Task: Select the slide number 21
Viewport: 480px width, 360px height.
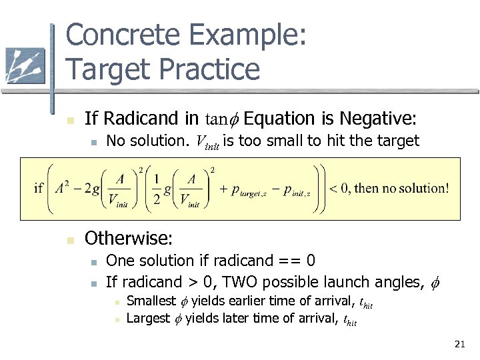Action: pos(459,344)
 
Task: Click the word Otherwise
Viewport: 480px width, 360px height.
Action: pos(129,238)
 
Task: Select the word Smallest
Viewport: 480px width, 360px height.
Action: pos(151,301)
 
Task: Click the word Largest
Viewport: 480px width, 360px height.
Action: pos(148,318)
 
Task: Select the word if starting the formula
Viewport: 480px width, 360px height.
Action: pos(38,188)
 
